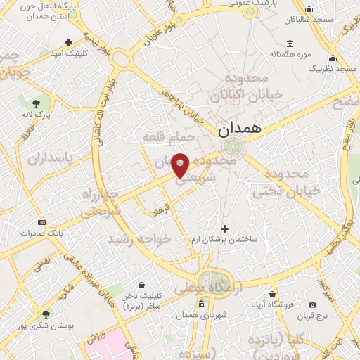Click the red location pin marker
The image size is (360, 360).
click(180, 165)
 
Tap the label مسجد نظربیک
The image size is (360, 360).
click(333, 69)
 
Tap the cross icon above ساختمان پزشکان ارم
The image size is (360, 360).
click(225, 228)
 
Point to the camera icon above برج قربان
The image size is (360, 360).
click(312, 304)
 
